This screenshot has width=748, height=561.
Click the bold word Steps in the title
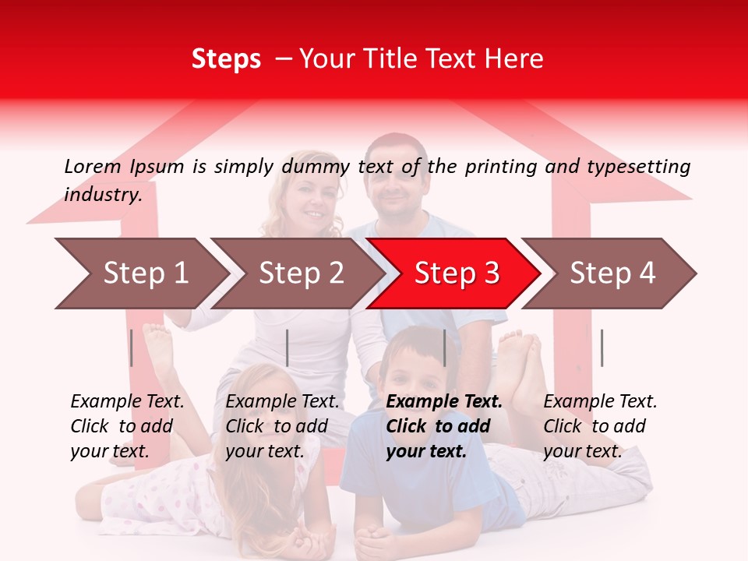(226, 59)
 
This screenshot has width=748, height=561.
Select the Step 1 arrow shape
(140, 273)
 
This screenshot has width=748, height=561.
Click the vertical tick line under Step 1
(131, 348)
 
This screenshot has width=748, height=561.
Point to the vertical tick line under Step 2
(288, 348)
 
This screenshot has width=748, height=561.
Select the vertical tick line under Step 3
(444, 348)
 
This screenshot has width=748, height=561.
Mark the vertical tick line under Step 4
(602, 348)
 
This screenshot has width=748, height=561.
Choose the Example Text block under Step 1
(127, 426)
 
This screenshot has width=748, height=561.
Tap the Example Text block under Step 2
(282, 426)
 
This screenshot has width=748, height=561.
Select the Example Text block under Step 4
(600, 426)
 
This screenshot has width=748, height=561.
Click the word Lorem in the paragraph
(93, 166)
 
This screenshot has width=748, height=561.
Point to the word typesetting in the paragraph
(638, 167)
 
